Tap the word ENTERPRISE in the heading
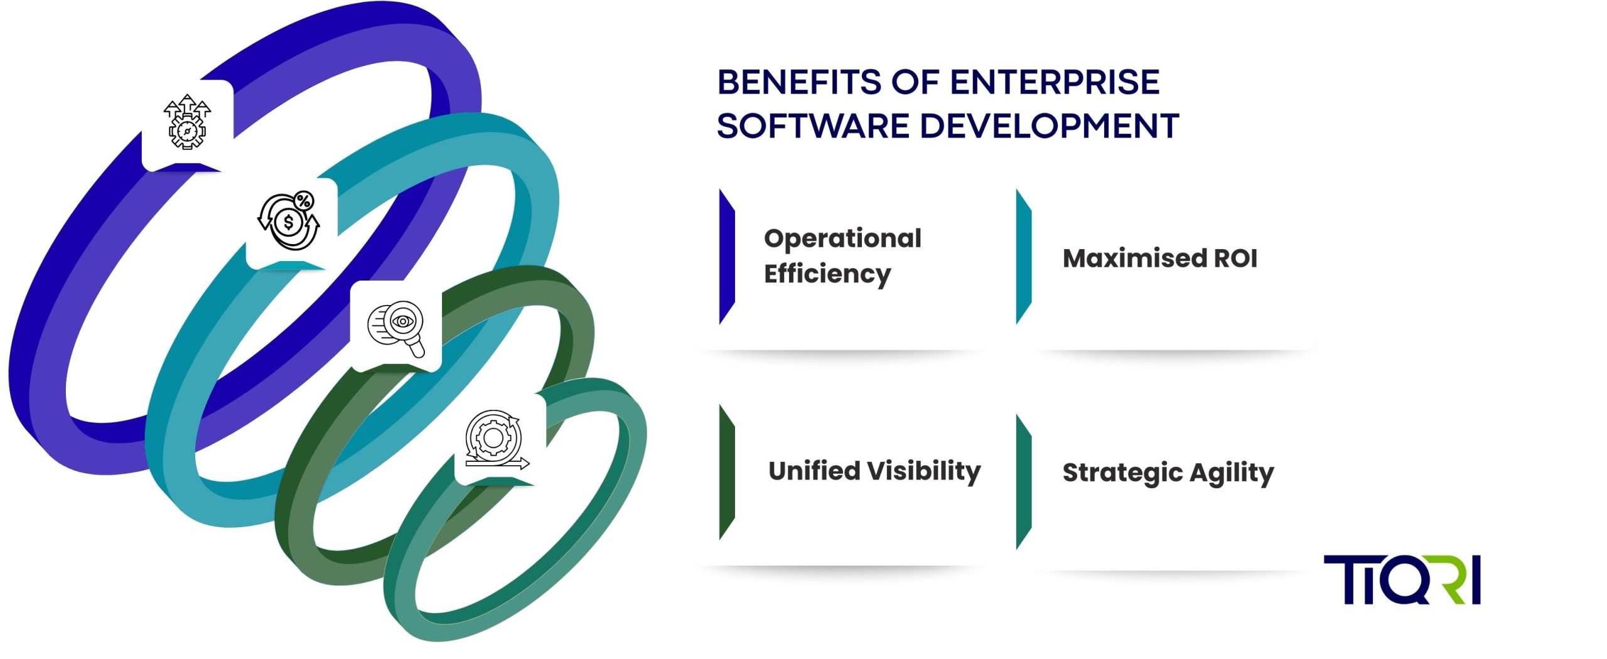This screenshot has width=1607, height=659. [1055, 82]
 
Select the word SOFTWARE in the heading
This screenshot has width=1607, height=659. [813, 126]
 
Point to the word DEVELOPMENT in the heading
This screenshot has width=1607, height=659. [1050, 126]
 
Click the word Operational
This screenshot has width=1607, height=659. [842, 238]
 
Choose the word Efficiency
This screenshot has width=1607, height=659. [827, 274]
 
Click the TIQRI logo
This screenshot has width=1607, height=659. [1402, 580]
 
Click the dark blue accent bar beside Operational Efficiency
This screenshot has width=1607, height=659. [727, 256]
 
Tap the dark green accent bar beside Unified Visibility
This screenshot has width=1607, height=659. [727, 472]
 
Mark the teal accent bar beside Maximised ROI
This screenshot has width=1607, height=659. [1024, 256]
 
